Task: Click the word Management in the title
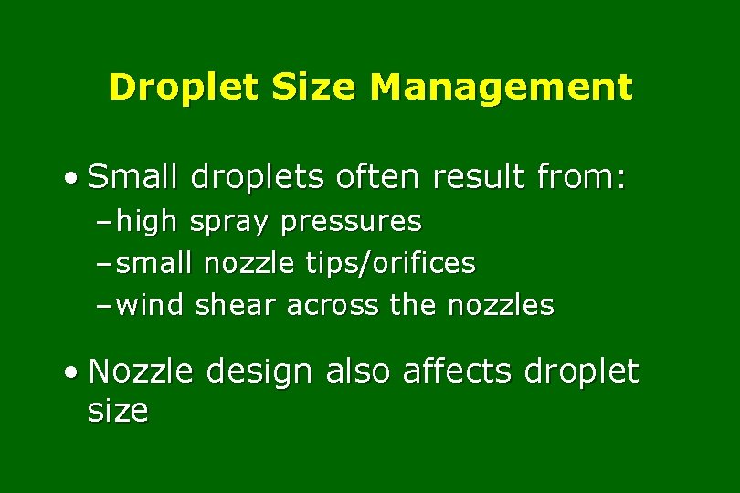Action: point(501,88)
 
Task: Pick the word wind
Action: point(151,305)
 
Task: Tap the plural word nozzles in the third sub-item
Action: point(501,305)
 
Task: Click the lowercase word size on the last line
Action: point(117,411)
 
